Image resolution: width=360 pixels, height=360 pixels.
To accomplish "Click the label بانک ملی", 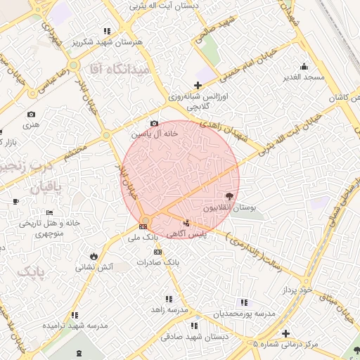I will tap(143, 237).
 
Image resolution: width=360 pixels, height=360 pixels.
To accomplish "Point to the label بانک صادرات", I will tap(159, 262).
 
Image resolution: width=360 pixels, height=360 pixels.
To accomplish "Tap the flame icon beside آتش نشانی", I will tap(94, 256).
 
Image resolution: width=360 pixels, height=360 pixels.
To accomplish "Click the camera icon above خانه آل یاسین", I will tap(155, 124).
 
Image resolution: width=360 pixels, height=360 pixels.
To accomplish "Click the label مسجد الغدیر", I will tap(304, 76).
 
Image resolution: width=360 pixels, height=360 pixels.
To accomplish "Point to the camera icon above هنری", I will tap(31, 114).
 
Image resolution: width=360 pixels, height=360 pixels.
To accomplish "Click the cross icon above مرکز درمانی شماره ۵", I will tap(285, 333).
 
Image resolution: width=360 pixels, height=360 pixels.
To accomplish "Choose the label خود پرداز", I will tap(295, 290).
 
